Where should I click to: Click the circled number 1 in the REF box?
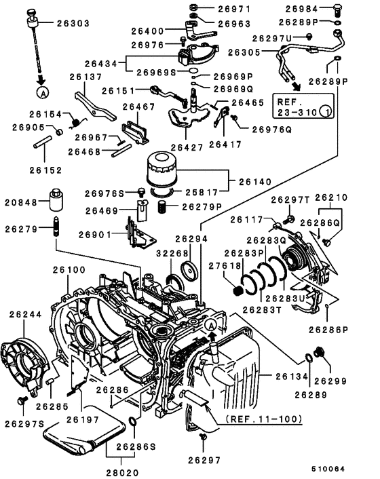[x=326, y=112]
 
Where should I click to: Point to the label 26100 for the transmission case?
[x=70, y=269]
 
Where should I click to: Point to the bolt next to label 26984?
[x=338, y=10]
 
